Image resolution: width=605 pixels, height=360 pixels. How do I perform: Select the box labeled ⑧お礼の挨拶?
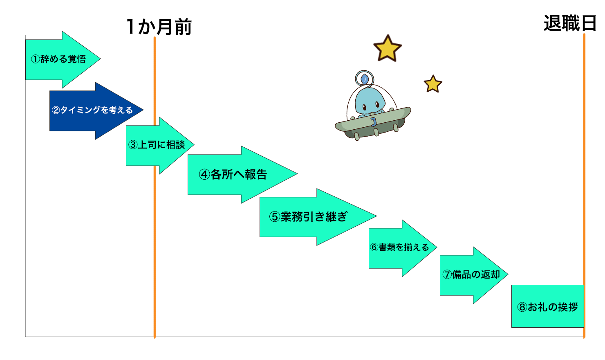547,306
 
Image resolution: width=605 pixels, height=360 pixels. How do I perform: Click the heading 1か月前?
159,27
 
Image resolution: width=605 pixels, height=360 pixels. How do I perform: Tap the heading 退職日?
570,23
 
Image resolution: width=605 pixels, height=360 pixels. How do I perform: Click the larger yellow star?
387,49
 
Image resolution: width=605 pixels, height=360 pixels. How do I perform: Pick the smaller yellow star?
433,84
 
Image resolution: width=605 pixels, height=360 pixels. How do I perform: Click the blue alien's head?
370,101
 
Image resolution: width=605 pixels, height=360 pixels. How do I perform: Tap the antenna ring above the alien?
364,78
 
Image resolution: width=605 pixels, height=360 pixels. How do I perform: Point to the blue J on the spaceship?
373,122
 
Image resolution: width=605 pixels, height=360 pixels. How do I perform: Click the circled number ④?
204,175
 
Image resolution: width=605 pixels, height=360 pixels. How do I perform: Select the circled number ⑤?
274,217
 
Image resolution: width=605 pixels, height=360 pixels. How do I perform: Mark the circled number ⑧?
522,307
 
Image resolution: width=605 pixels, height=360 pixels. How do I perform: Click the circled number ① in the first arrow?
35,59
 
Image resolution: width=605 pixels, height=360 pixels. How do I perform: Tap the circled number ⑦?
447,275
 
